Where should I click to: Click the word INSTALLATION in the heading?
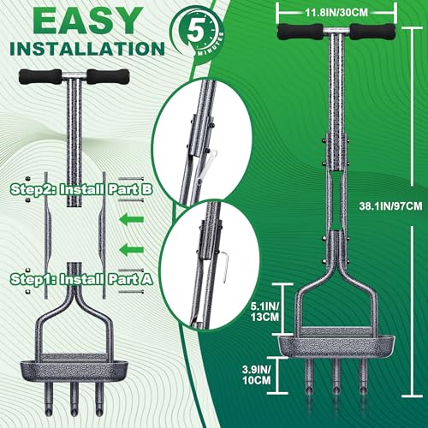(87, 49)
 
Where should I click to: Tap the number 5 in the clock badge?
(195, 31)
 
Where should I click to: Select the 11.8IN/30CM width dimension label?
(336, 13)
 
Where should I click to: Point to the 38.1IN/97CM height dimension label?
(390, 206)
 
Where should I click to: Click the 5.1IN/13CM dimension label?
(265, 312)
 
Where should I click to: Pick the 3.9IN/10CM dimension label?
(257, 375)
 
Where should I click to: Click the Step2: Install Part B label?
(81, 190)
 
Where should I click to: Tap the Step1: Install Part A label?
(81, 279)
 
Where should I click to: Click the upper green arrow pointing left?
(131, 219)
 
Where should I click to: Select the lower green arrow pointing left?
(131, 250)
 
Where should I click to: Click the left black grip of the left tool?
(40, 77)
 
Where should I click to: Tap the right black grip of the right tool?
(373, 32)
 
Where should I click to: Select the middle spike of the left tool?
(74, 398)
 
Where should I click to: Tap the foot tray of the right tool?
(336, 347)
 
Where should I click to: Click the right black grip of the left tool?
(108, 77)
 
